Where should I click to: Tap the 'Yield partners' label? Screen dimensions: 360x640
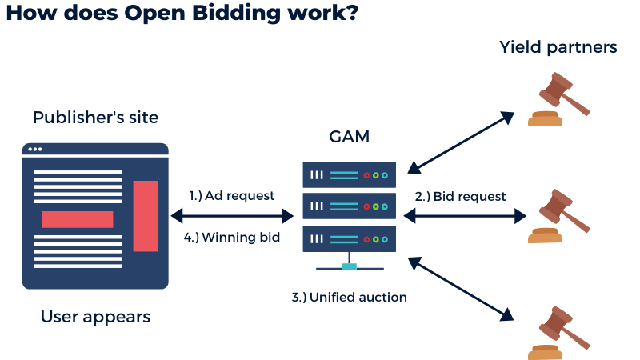coord(558,47)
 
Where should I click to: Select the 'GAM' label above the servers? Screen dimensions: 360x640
coord(350,136)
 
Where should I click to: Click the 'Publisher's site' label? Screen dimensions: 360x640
coord(95,118)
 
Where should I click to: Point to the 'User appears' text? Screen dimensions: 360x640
coord(95,317)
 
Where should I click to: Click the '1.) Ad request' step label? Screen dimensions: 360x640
coord(232,195)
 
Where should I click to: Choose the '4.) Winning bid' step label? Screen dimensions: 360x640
coord(231,237)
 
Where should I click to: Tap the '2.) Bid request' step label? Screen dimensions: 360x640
coord(460,196)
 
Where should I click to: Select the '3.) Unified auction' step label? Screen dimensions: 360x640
coord(350,298)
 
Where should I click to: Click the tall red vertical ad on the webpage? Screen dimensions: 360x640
coord(146,216)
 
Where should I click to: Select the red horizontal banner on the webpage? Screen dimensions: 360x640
coord(78,219)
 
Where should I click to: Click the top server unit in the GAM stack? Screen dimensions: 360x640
coord(350,175)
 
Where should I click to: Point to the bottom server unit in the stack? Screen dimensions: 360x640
coord(350,238)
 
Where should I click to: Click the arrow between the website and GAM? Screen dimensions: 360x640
coord(233,215)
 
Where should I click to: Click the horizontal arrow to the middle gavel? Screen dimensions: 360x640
coord(465,215)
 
